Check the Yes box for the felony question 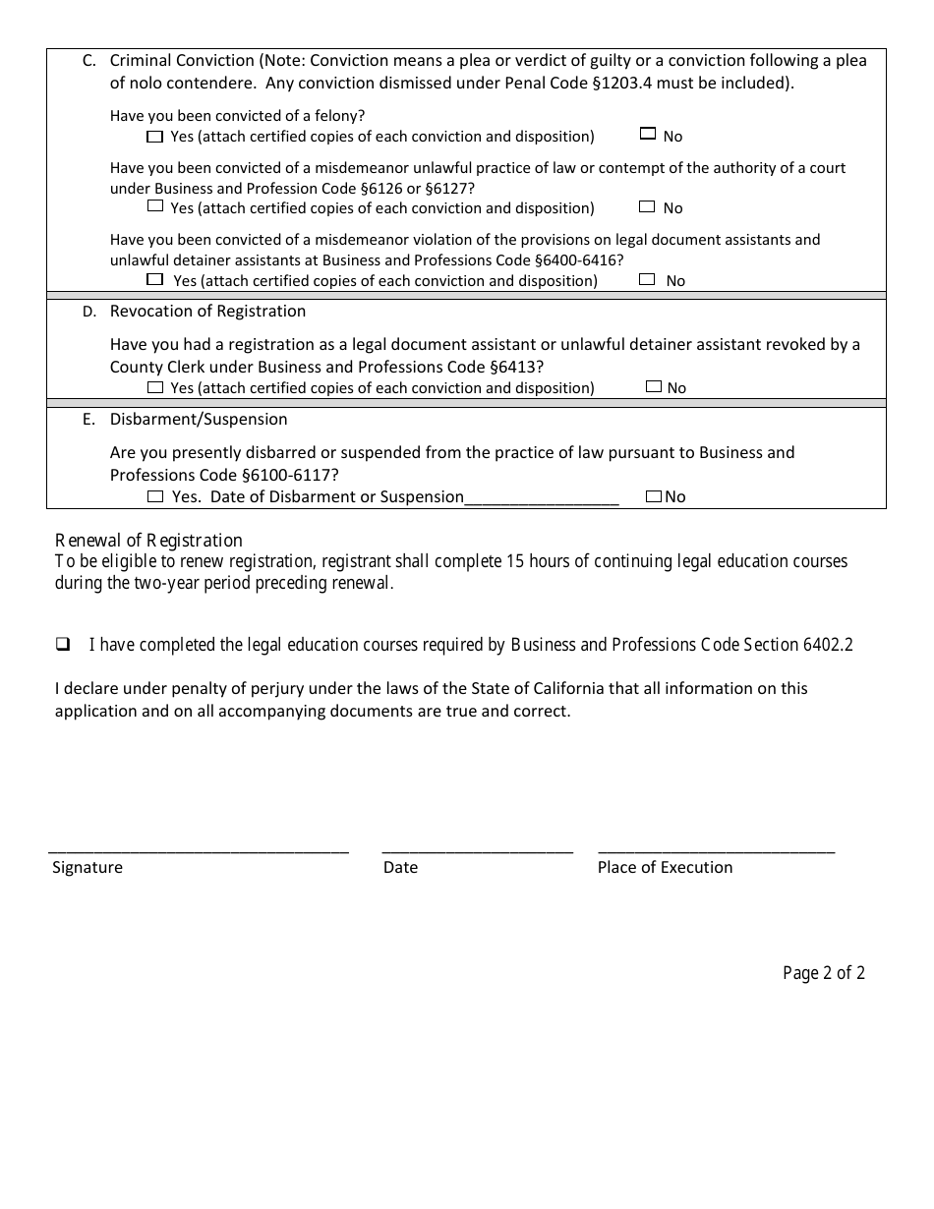154,136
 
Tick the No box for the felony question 647,134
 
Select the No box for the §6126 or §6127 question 647,206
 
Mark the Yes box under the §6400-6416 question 154,279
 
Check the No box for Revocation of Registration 654,387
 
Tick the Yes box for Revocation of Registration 154,387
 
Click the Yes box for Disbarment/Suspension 154,496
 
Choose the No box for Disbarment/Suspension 654,496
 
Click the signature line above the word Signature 199,847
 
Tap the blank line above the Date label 477,847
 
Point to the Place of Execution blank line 716,847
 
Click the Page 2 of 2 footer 824,973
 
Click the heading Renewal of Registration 148,540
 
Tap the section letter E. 88,420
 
